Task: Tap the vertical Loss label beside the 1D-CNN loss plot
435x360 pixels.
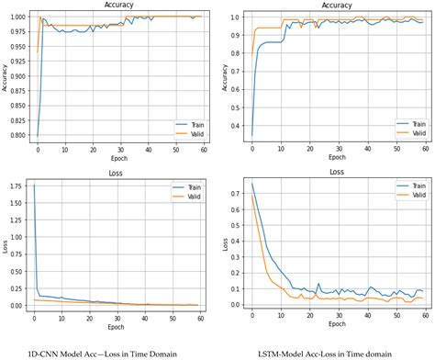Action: [6, 245]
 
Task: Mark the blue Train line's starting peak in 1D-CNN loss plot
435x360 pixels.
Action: [33, 185]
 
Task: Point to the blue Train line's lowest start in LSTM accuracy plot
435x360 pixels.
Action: [251, 135]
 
